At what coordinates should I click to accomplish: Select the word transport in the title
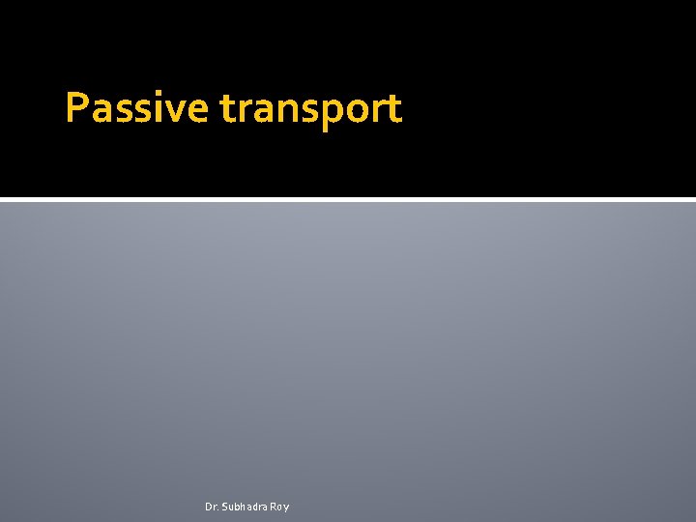(x=310, y=108)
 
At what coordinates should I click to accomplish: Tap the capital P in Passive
(x=75, y=108)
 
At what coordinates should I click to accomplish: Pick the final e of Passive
(x=195, y=110)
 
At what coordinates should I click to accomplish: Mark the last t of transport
(x=392, y=109)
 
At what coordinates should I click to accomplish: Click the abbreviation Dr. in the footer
(x=212, y=507)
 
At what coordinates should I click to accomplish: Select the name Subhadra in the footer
(x=245, y=507)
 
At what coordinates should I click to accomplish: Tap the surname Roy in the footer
(x=279, y=507)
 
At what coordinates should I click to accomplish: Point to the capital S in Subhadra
(x=225, y=507)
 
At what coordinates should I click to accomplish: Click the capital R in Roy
(x=273, y=507)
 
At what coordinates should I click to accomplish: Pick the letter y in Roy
(x=286, y=508)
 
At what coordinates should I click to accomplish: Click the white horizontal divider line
(x=348, y=200)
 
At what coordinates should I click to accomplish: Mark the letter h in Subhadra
(x=245, y=507)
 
